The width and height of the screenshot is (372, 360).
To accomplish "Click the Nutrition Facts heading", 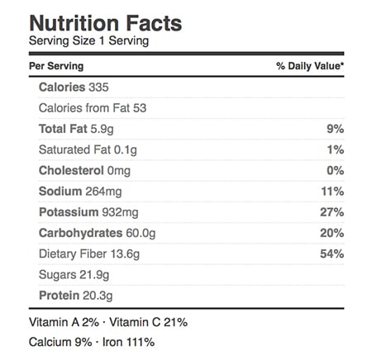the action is (x=106, y=23).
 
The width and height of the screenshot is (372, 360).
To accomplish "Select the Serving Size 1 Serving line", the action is (x=88, y=41).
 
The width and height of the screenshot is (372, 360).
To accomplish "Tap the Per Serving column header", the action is (x=56, y=66).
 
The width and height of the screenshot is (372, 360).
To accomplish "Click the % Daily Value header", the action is (x=310, y=66).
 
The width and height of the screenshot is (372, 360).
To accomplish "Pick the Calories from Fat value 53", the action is (x=140, y=108).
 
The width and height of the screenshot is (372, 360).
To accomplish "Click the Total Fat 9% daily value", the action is (x=336, y=129).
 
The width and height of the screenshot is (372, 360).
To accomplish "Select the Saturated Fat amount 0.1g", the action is (x=126, y=150).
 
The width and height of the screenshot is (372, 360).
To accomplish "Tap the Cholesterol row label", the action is (x=71, y=171).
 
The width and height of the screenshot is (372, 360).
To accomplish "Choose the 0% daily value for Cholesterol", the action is (x=336, y=171).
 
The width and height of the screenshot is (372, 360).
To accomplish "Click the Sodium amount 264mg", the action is (x=103, y=192).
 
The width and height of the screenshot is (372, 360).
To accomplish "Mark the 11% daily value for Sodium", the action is (x=332, y=192).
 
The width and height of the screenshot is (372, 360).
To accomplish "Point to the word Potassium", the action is (x=69, y=212).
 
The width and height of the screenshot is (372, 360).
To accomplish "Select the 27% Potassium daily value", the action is (x=332, y=212).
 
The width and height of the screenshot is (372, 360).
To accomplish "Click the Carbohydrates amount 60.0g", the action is (x=141, y=234).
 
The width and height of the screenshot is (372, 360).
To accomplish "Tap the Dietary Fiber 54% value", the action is (x=332, y=253).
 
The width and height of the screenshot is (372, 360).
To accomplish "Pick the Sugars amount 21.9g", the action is (x=94, y=275).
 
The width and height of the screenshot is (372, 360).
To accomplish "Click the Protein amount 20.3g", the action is (x=98, y=296).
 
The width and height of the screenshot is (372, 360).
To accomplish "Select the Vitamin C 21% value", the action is (x=176, y=322).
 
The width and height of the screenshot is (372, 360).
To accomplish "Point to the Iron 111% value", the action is (x=141, y=342).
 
